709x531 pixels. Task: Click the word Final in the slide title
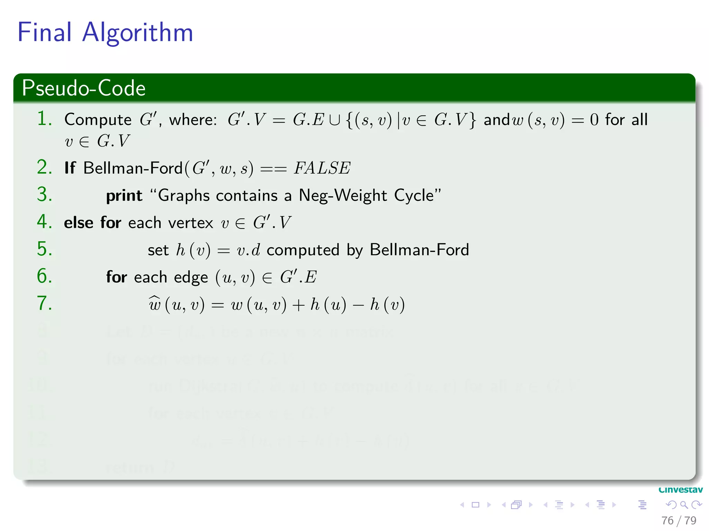[x=44, y=32]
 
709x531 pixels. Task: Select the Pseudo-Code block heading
[x=83, y=88]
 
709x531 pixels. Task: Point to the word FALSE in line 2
[x=322, y=168]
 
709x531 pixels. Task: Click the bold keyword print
[x=124, y=196]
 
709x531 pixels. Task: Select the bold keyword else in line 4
[x=79, y=223]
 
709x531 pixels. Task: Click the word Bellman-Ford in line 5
[x=419, y=250]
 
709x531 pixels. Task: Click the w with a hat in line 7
[x=154, y=304]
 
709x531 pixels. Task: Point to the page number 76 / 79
[x=679, y=521]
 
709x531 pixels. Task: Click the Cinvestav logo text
[x=680, y=490]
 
